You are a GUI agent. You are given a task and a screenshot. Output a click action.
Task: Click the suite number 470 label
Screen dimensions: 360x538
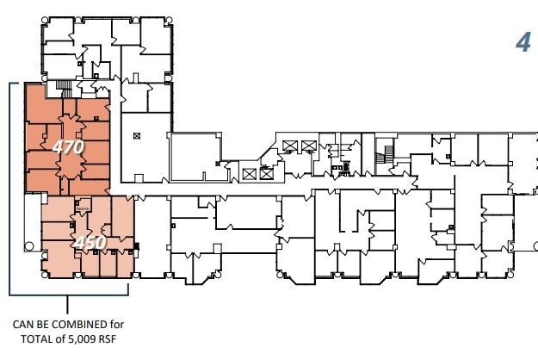click(x=67, y=147)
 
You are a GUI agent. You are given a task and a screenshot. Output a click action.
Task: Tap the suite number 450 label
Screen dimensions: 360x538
click(x=90, y=242)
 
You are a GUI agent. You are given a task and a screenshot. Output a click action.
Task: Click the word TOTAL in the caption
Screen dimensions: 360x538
click(x=30, y=338)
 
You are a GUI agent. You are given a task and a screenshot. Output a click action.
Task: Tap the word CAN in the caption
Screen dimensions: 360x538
click(x=23, y=325)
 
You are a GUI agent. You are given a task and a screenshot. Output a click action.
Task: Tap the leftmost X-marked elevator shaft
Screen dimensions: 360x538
click(x=249, y=174)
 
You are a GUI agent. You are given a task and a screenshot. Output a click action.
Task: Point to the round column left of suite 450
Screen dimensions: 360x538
click(x=29, y=247)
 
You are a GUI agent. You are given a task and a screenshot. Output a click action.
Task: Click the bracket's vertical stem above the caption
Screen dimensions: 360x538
click(x=69, y=304)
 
